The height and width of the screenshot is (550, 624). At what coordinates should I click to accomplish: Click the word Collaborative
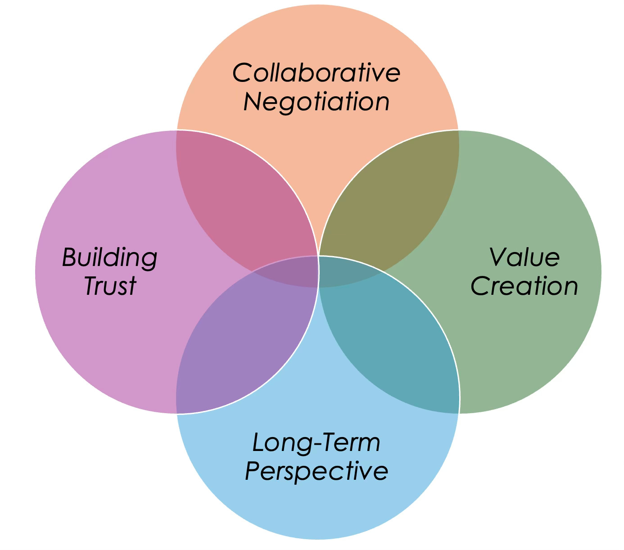click(316, 73)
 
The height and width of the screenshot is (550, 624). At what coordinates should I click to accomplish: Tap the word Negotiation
click(316, 102)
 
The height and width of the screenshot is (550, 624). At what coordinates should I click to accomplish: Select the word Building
click(109, 258)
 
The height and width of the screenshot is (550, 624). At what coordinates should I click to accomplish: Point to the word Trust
click(110, 286)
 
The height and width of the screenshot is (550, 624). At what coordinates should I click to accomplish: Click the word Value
click(524, 257)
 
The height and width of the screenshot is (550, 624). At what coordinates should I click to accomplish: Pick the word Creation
click(524, 286)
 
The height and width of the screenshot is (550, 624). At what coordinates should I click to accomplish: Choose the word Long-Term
click(316, 442)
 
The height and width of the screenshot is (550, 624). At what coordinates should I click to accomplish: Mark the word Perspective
click(316, 471)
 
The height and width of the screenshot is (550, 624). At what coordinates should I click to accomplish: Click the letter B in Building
click(70, 258)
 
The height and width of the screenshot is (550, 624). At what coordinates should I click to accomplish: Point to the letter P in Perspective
click(253, 471)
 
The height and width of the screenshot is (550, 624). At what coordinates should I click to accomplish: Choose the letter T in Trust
click(92, 286)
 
